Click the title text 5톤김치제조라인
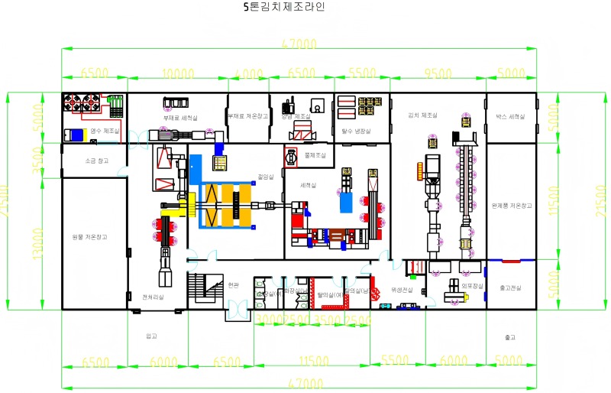(x=283, y=8)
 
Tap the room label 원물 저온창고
(x=90, y=237)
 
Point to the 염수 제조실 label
(x=105, y=131)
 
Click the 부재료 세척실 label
(x=180, y=118)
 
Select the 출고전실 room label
(x=511, y=287)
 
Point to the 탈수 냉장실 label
(x=355, y=131)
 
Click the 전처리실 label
(x=153, y=297)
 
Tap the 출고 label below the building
(x=510, y=336)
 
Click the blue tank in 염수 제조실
(x=73, y=135)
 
